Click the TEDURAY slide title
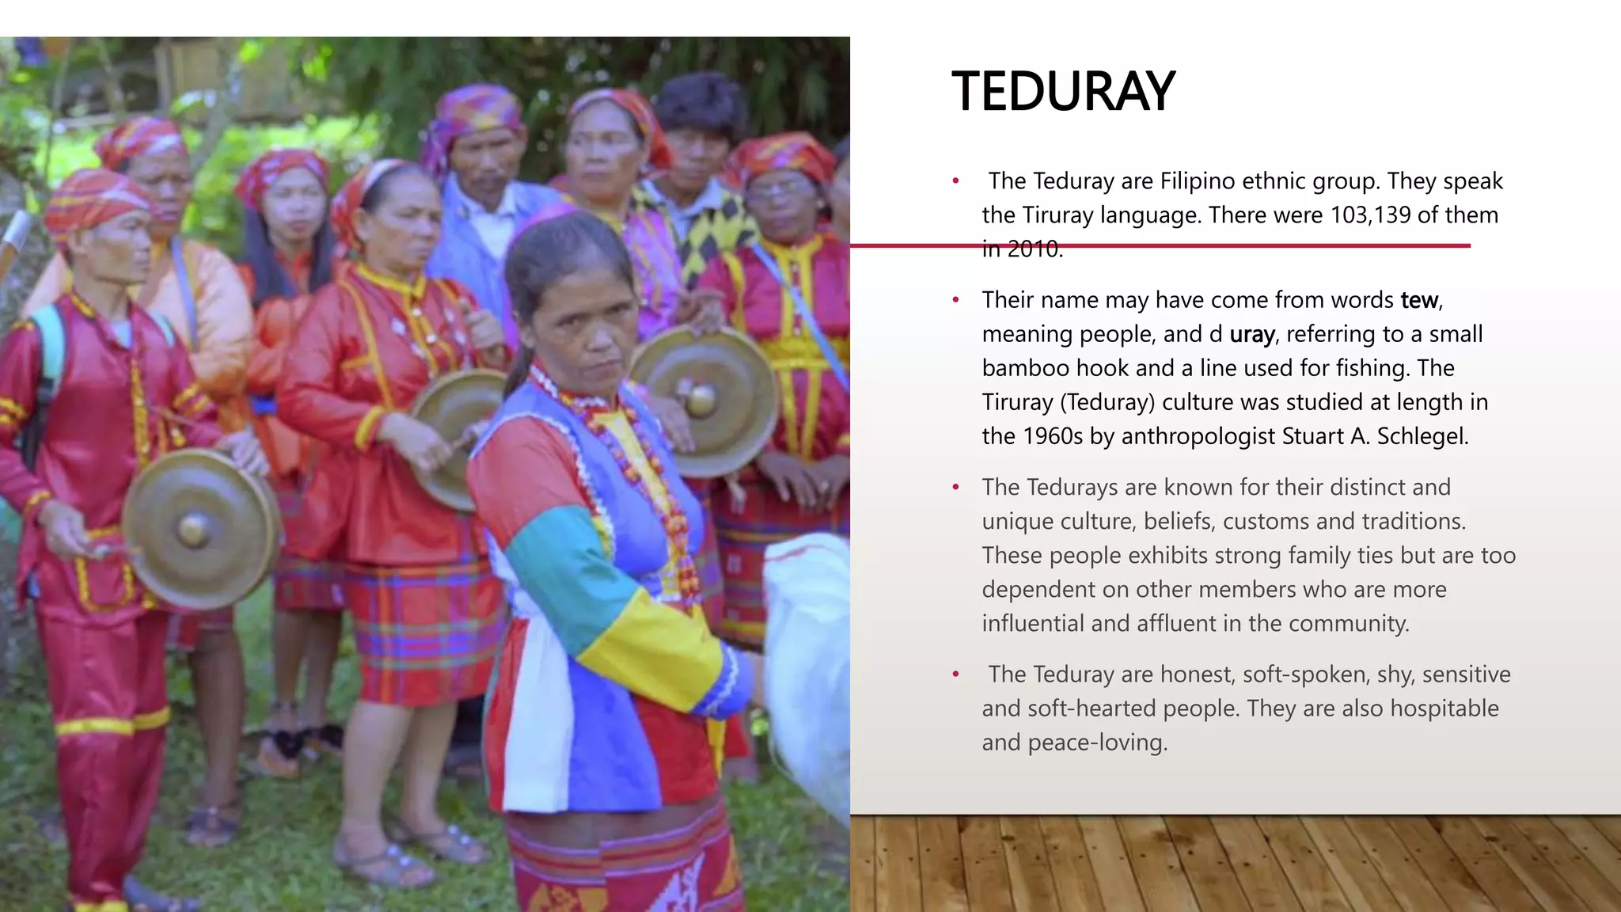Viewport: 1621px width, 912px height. coord(1063,92)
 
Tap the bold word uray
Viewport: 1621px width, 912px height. coord(1251,335)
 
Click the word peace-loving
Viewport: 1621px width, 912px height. coord(1098,743)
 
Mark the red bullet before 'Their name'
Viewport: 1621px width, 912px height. coord(956,300)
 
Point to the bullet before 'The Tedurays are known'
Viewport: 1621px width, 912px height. coord(956,488)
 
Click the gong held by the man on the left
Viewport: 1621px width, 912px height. coord(198,529)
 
